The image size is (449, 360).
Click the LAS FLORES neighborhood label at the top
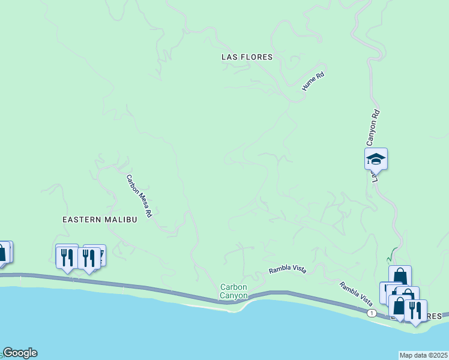pos(247,57)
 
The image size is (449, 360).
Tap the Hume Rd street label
pos(313,82)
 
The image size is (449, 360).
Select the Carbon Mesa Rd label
pos(139,196)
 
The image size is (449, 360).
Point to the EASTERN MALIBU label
pos(100,220)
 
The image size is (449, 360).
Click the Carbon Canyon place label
pos(234,291)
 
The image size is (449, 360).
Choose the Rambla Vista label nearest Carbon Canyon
pos(288,269)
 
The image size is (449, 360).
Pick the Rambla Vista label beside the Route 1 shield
pos(357,293)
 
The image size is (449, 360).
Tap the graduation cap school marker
pos(376,159)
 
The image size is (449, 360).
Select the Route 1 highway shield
pos(373,313)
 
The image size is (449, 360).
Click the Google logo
pos(20,353)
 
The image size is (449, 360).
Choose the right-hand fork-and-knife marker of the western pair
pos(89,258)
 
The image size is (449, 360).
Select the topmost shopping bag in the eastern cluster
pos(400,277)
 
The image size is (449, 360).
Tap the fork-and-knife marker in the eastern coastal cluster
pos(415,310)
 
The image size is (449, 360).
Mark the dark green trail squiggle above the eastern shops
pos(391,254)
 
